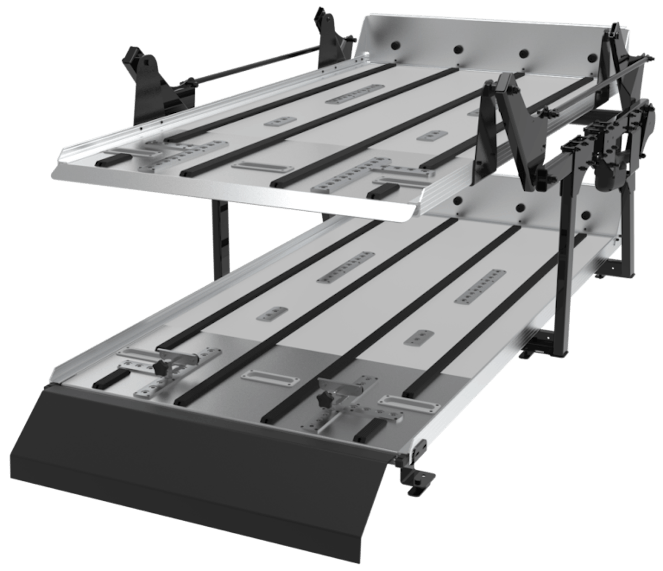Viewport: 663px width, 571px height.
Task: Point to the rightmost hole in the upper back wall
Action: (593, 57)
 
